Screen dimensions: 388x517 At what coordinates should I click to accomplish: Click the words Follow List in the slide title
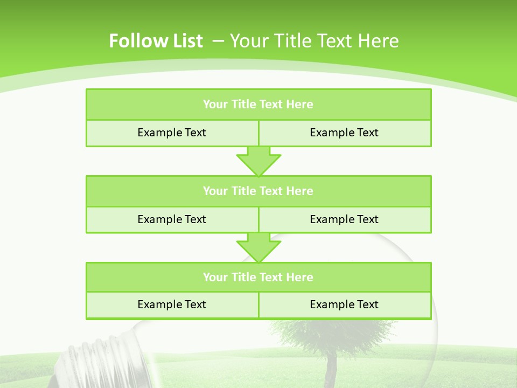pos(156,41)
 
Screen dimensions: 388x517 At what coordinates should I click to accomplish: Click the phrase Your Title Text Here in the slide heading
pos(315,41)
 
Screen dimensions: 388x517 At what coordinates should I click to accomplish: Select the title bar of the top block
pos(258,105)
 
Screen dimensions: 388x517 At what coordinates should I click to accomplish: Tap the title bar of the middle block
pos(258,191)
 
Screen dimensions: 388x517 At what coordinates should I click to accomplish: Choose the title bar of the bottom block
pos(258,277)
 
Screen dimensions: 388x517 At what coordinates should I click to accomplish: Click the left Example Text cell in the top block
pos(172,133)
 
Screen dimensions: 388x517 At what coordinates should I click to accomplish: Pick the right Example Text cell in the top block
pos(344,133)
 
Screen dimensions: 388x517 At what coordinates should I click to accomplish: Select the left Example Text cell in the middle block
pos(172,219)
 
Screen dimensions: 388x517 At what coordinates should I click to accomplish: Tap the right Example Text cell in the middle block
pos(344,219)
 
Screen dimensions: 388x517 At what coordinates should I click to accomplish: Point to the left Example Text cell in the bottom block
pos(172,304)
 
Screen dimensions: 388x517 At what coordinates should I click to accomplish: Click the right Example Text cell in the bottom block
pos(344,304)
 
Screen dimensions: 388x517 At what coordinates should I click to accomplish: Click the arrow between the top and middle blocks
pos(258,162)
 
